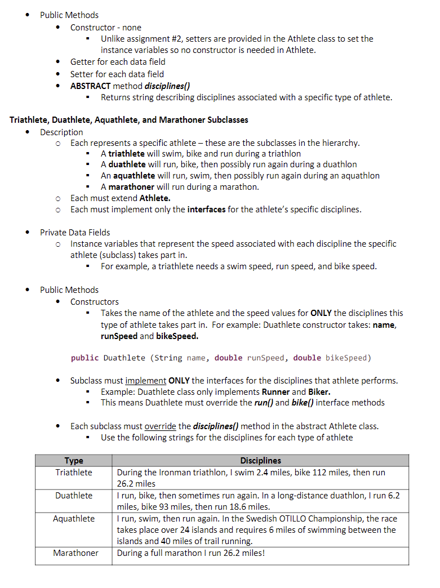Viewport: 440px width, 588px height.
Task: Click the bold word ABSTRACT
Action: click(90, 86)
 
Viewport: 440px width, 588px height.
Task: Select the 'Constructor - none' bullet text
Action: click(105, 28)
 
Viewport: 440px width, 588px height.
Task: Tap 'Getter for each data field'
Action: click(117, 62)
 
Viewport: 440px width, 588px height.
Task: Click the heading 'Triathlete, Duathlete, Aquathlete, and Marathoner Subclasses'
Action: click(129, 120)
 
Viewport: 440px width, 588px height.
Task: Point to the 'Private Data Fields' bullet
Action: click(75, 232)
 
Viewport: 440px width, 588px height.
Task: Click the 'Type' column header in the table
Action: click(74, 461)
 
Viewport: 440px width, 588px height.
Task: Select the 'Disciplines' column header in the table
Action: click(260, 461)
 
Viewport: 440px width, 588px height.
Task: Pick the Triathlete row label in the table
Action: click(74, 473)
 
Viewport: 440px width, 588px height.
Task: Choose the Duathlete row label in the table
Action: click(74, 496)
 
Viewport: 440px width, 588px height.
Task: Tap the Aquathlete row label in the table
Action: click(74, 519)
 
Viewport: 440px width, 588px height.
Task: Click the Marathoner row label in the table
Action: click(75, 553)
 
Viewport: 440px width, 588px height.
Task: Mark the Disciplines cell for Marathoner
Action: click(190, 553)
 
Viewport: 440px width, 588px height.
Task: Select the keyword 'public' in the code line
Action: click(85, 358)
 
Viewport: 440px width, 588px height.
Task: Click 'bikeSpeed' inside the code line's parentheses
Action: click(346, 358)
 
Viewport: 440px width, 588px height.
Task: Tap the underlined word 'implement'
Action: click(145, 381)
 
